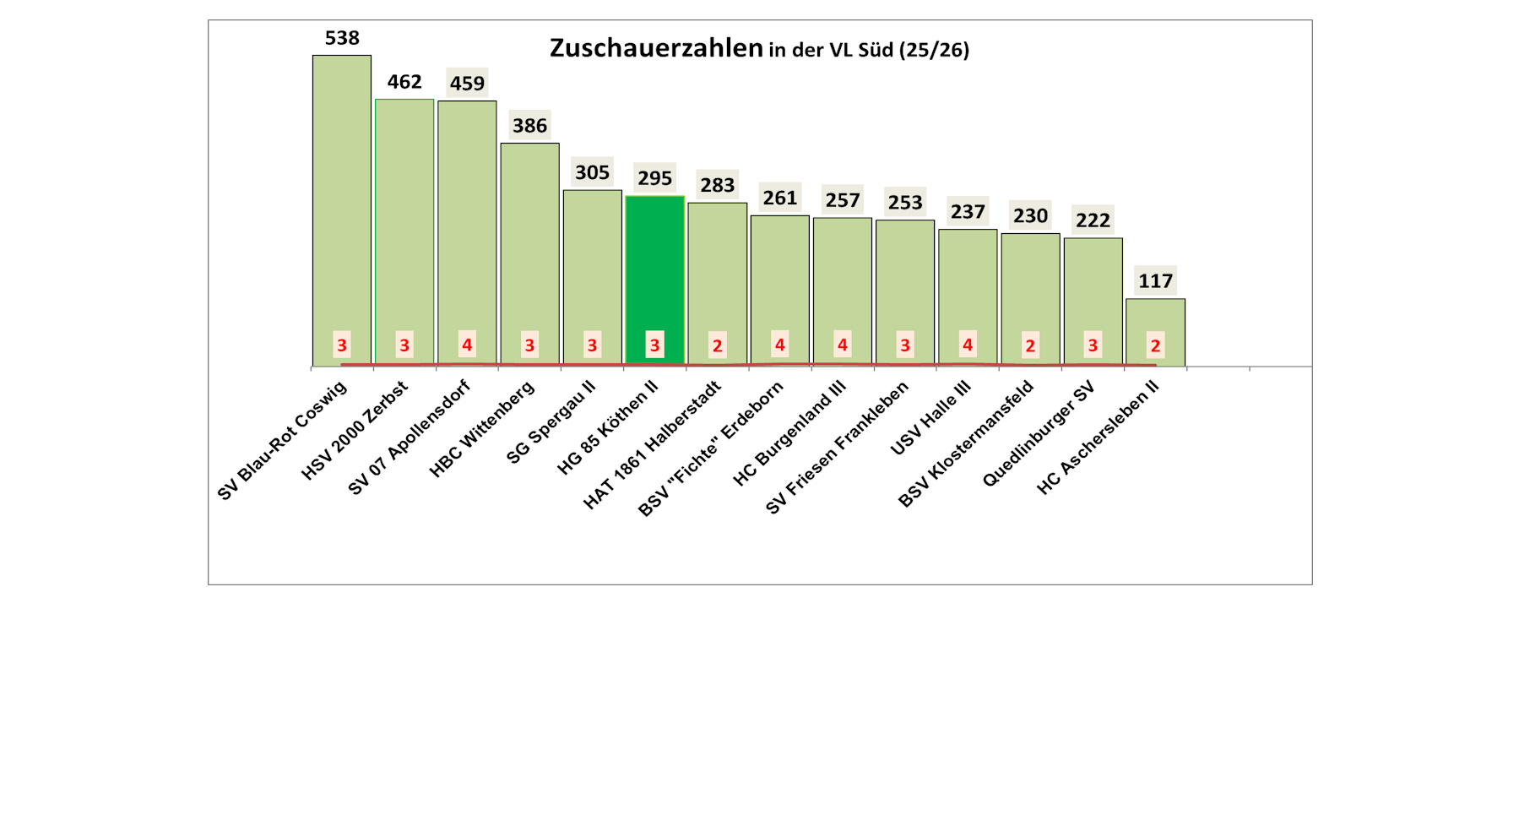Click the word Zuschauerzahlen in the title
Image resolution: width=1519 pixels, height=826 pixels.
tap(656, 48)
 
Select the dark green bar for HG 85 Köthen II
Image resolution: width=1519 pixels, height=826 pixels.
tap(654, 270)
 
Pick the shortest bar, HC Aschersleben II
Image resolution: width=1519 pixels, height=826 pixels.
tap(1155, 321)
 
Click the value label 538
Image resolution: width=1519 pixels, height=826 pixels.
tap(342, 38)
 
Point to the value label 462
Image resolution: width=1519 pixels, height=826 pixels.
tap(404, 82)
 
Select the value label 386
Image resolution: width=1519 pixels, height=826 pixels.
tap(529, 126)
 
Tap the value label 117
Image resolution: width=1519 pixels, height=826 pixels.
tap(1155, 281)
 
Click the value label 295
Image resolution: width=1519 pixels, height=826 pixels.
tap(654, 178)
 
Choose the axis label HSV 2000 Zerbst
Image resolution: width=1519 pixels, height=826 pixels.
tap(355, 431)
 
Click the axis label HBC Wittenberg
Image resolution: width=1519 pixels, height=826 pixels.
tap(482, 429)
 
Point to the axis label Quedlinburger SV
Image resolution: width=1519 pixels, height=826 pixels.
tap(1039, 434)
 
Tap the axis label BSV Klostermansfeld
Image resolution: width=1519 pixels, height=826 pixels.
tap(966, 444)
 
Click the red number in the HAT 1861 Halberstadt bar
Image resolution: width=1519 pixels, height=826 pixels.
tap(717, 345)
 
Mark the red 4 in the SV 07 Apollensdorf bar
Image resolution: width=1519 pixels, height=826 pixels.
tap(467, 345)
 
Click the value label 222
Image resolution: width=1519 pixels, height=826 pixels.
tap(1093, 220)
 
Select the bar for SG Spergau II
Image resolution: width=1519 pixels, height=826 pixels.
tap(592, 270)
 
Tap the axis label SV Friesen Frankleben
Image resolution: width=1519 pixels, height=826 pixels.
tap(838, 448)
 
